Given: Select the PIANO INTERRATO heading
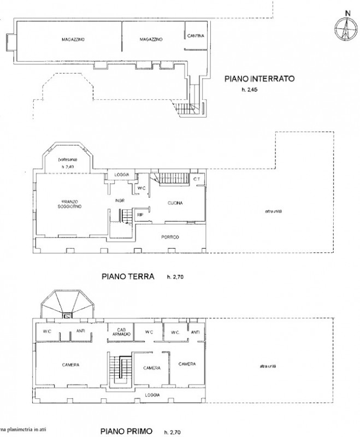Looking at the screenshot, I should [x=259, y=79].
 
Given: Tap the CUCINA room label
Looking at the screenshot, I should [x=175, y=203].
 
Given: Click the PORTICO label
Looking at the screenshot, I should [x=170, y=237].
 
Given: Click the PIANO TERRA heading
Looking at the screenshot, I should [x=129, y=276].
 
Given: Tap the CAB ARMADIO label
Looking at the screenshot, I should [x=122, y=332].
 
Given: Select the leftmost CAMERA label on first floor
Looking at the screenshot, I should [x=71, y=365].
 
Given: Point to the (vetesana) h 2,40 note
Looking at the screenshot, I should [x=67, y=162].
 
